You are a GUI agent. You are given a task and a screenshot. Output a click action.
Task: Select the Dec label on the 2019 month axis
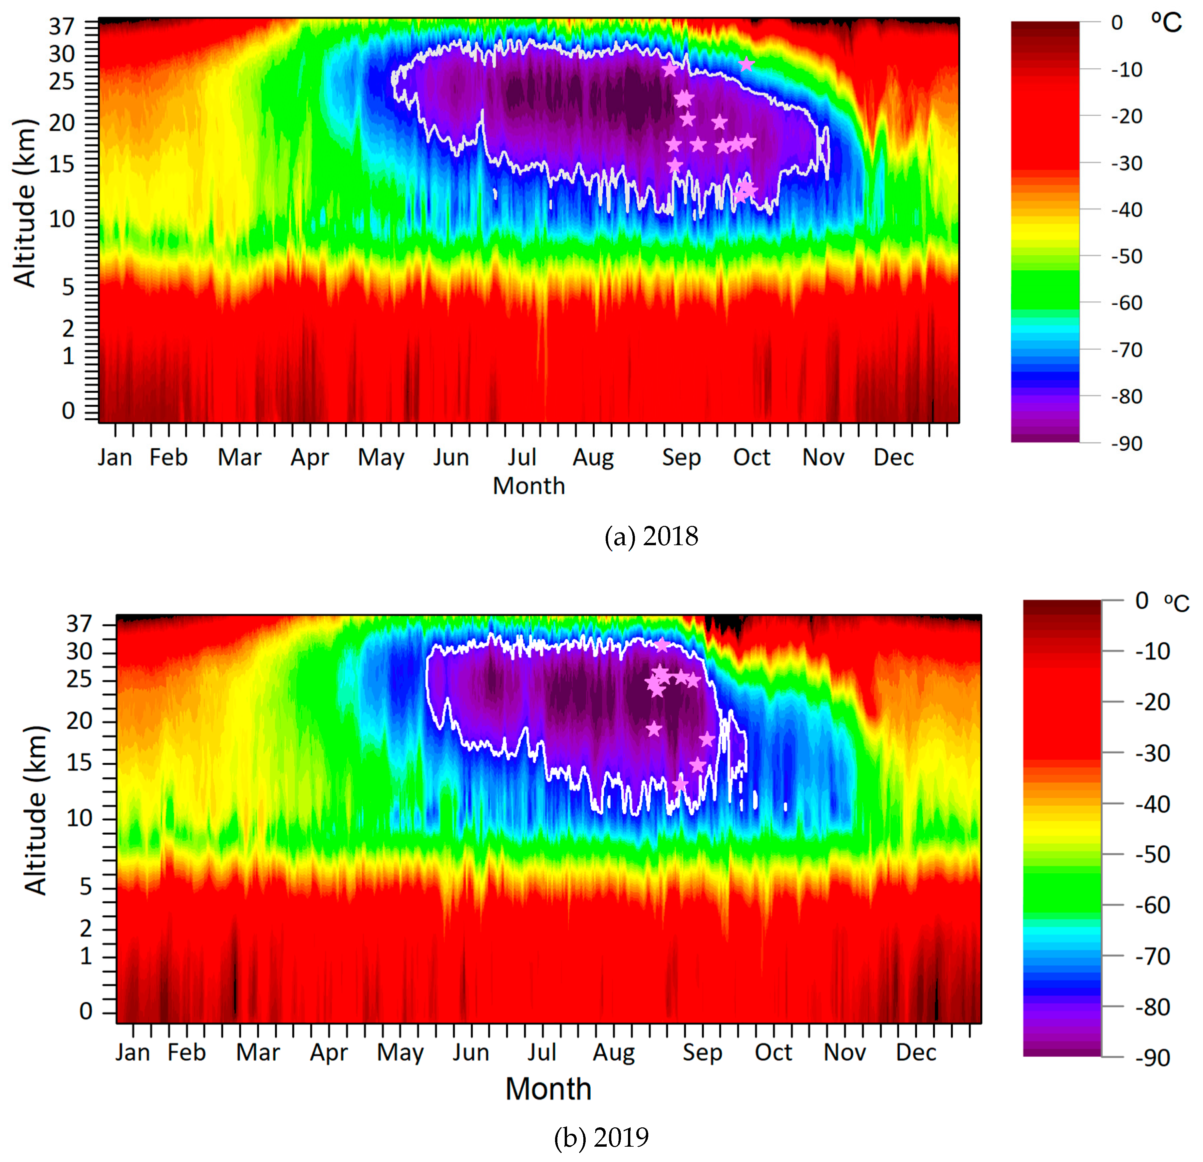pos(916,1052)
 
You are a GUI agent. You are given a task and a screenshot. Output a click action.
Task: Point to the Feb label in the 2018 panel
pos(168,457)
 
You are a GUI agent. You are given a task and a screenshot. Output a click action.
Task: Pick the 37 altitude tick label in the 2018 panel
pos(61,26)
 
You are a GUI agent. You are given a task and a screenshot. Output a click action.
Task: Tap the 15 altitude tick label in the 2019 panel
pos(79,763)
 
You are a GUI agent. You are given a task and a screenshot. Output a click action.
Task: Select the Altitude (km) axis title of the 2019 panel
pos(36,810)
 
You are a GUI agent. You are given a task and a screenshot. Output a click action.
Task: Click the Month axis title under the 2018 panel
pos(528,486)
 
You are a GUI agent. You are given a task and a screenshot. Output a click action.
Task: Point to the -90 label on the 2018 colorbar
pos(1126,443)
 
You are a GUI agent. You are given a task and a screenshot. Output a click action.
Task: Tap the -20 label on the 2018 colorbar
pos(1126,116)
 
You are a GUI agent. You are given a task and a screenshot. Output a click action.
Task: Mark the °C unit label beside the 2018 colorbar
pos(1166,23)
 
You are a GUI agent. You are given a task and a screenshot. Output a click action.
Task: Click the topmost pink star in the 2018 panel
pos(746,64)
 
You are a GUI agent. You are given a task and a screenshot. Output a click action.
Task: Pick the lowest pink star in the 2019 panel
pos(680,784)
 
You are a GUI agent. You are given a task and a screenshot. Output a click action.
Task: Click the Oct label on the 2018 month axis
pos(751,457)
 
